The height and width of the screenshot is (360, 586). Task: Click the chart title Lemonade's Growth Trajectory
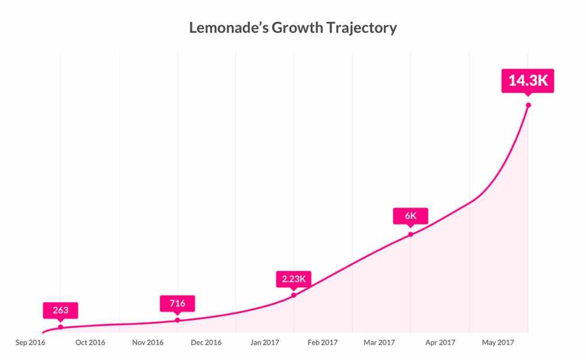click(x=293, y=27)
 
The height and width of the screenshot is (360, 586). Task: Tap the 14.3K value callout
click(x=528, y=81)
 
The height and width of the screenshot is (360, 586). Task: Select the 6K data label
click(x=410, y=216)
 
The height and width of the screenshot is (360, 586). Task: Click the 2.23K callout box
click(x=294, y=279)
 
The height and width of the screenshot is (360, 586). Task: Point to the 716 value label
click(x=177, y=303)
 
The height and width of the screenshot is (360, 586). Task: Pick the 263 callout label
click(x=61, y=310)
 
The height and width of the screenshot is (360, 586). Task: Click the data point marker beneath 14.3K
click(x=528, y=105)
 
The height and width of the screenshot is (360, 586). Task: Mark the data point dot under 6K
click(x=410, y=234)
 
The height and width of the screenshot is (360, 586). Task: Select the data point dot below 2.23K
click(x=294, y=295)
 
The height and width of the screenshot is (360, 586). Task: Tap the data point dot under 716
click(x=177, y=320)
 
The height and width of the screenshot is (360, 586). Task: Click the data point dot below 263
click(x=61, y=327)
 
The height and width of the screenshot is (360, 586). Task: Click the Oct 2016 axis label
click(x=90, y=343)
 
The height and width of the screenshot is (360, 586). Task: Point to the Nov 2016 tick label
click(x=148, y=343)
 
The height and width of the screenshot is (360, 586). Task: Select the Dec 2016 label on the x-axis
click(x=206, y=343)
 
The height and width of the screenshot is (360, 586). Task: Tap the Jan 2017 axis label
click(x=264, y=343)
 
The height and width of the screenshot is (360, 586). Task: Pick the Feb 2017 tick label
click(x=322, y=343)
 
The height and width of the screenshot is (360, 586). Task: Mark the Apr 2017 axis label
click(x=439, y=343)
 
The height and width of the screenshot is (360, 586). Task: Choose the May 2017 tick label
click(x=498, y=343)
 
